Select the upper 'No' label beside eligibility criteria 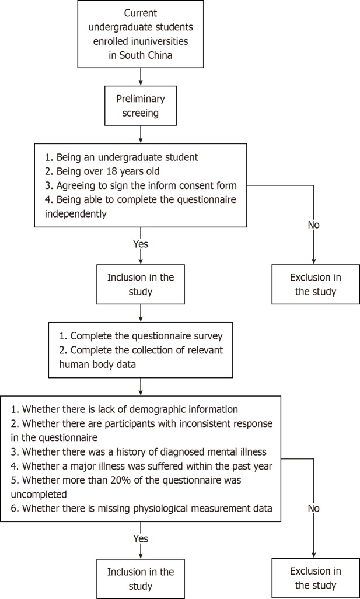314,225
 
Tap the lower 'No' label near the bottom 314,509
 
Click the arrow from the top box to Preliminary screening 139,76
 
